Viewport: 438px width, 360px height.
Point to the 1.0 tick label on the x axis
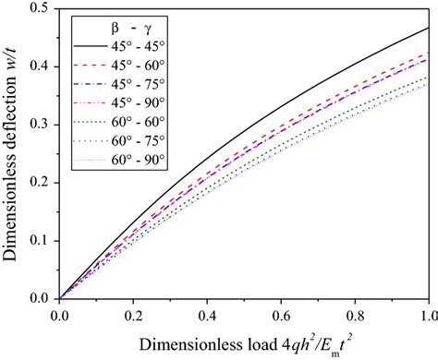tap(427, 314)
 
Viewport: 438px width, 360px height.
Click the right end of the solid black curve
tap(429, 29)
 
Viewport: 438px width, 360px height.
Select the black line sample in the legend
tap(88, 48)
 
